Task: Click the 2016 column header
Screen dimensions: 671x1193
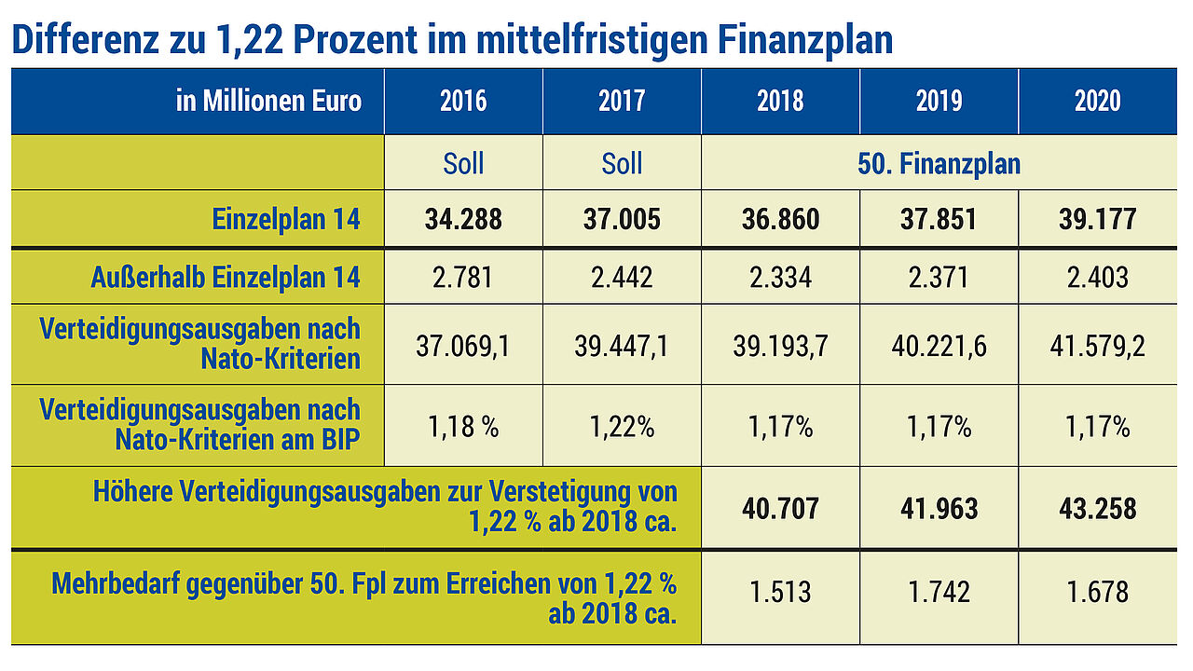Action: [463, 101]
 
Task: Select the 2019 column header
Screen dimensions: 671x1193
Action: [939, 101]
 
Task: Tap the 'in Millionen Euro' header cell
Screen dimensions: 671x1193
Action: [268, 101]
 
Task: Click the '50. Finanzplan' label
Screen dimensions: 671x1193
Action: [939, 164]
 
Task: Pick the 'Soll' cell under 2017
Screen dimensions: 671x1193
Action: [622, 164]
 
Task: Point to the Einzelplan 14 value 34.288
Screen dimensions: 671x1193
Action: [463, 220]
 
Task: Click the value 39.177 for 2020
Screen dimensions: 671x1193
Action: [1097, 220]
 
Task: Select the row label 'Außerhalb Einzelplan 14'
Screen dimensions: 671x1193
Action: [226, 277]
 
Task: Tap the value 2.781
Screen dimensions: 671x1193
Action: [463, 277]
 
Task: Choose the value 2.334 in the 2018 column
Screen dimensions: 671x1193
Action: [780, 277]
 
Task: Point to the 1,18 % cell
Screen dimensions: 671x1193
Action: [463, 428]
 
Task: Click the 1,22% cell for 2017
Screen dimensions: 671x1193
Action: [622, 428]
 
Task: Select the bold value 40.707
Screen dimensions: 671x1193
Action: [780, 509]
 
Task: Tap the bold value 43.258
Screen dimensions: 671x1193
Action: [1097, 509]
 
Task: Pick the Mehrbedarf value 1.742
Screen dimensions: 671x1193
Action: [939, 592]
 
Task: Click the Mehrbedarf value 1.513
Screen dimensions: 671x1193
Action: [780, 592]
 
